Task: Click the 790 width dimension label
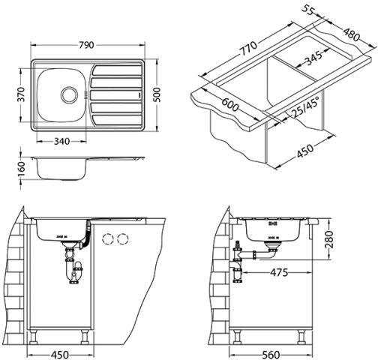point(86,45)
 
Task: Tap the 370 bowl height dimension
point(22,94)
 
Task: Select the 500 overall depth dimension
point(157,94)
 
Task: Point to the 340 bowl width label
point(61,142)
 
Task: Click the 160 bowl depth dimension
point(22,169)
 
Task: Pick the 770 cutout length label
point(248,48)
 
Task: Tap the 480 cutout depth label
point(351,34)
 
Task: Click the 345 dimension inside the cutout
point(314,58)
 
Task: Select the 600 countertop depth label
point(230,104)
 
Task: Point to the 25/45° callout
point(305,107)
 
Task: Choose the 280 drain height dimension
point(329,239)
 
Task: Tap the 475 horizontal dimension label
point(279,272)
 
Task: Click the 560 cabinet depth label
point(271,355)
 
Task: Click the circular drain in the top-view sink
point(69,94)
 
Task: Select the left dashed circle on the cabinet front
point(108,239)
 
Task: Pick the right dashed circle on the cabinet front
point(123,239)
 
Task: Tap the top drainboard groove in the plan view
point(117,70)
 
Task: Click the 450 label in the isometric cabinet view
point(304,151)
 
